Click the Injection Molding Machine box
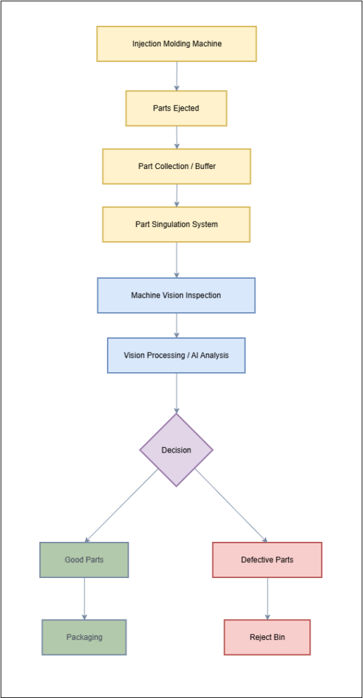[x=176, y=44]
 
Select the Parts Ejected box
[x=176, y=108]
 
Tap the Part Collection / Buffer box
[x=176, y=166]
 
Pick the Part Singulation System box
[x=176, y=224]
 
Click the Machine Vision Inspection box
[x=176, y=295]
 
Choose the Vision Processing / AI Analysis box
[x=176, y=355]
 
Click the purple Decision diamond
[x=176, y=450]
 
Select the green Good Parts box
[x=84, y=560]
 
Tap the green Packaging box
[x=84, y=637]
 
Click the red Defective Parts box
[x=267, y=560]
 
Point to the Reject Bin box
[x=267, y=637]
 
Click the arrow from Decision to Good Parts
[x=121, y=505]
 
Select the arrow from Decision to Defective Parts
[x=232, y=505]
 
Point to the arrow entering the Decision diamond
[x=176, y=393]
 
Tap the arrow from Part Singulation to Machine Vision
[x=176, y=260]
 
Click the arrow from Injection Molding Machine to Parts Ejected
[x=176, y=76]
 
